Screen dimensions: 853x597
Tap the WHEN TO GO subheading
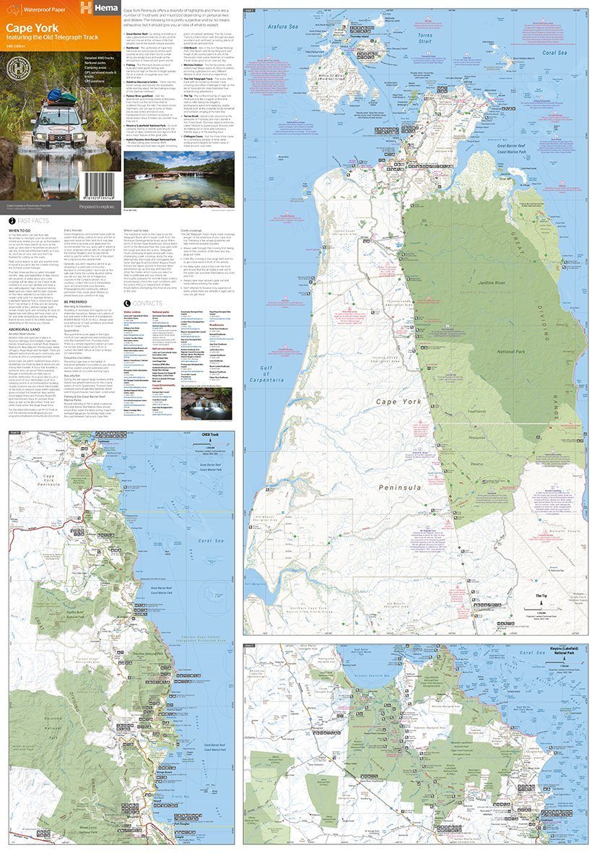pos(19,230)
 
